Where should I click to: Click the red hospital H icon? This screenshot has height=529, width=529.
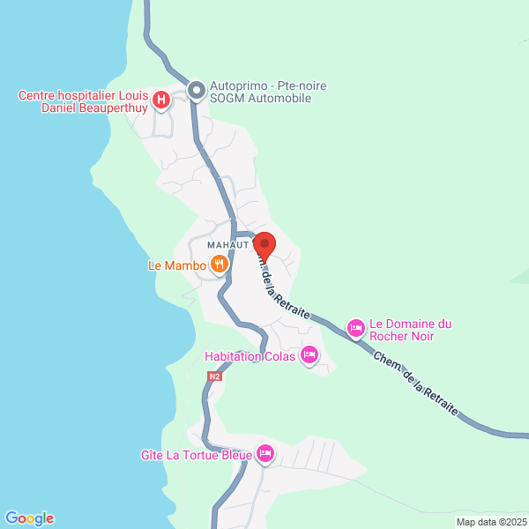[x=161, y=101]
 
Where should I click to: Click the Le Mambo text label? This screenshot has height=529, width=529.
[x=176, y=264]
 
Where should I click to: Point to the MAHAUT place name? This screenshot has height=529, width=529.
[x=227, y=244]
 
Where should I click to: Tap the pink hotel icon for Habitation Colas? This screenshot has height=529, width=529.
[x=309, y=356]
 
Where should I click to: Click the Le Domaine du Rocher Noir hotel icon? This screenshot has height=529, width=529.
[x=355, y=328]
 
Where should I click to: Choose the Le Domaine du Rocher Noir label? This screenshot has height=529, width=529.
[x=411, y=329]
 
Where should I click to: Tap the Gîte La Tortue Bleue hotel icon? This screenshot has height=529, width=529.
[x=265, y=455]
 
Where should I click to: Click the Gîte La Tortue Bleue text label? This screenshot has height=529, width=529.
[x=196, y=455]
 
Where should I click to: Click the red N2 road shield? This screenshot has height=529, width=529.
[x=214, y=376]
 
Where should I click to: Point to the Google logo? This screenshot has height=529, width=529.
[x=29, y=518]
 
